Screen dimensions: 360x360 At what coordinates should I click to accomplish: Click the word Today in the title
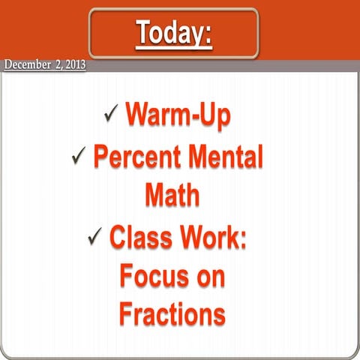coord(169,33)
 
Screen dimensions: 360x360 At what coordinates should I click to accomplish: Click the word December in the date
coord(29,65)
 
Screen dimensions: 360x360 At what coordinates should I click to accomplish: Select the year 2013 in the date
coord(73,65)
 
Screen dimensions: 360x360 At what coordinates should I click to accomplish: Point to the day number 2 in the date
coord(58,65)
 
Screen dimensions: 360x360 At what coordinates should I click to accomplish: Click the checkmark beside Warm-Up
coord(112,114)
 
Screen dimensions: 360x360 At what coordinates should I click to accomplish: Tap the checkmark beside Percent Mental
coord(79,157)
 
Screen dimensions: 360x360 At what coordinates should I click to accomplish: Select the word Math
coord(172,196)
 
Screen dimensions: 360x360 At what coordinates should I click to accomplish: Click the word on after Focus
coord(211,277)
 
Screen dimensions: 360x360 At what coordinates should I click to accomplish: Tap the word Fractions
coord(172,314)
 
